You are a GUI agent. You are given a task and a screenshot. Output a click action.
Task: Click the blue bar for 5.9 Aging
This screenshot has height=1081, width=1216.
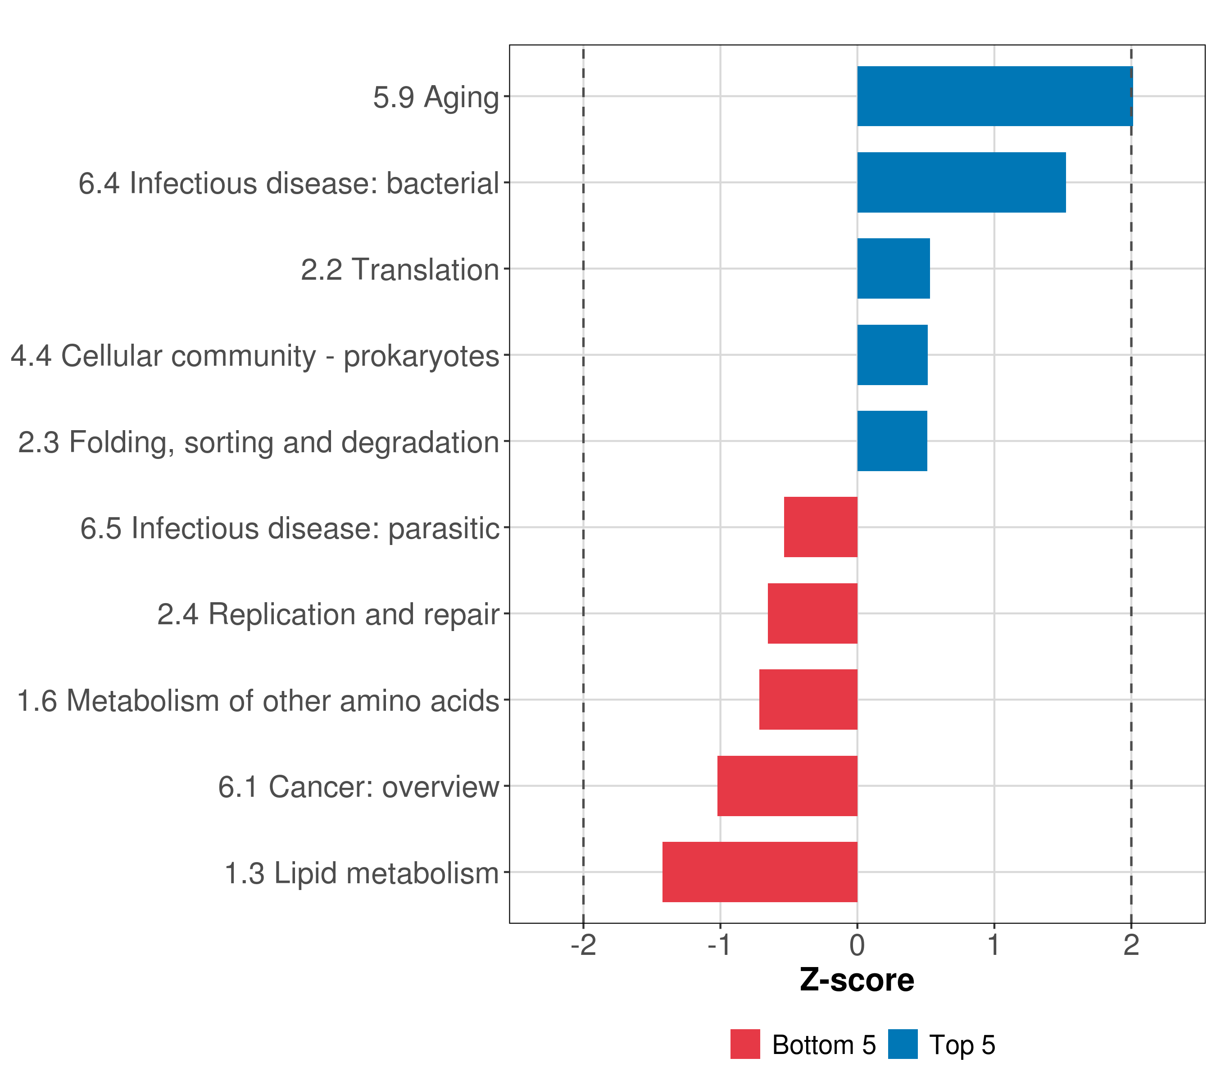click(x=995, y=96)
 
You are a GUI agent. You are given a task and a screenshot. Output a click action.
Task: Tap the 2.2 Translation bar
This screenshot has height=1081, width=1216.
click(x=893, y=268)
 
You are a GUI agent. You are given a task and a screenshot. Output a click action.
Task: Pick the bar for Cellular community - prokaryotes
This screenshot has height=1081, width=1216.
click(x=892, y=355)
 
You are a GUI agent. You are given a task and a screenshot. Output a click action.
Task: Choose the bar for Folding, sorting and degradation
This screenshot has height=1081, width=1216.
click(x=892, y=441)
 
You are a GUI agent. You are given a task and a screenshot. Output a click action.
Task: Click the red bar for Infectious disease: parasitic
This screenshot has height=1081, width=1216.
click(x=821, y=527)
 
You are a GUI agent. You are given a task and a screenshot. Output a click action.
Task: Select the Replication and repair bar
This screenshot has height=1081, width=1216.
click(x=812, y=613)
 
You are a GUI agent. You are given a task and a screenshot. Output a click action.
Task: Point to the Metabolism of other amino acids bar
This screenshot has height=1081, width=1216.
click(x=808, y=699)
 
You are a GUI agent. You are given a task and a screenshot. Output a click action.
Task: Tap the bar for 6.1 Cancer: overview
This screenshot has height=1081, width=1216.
click(x=787, y=786)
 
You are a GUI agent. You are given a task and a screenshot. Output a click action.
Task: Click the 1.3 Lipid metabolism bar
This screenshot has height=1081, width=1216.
click(x=760, y=872)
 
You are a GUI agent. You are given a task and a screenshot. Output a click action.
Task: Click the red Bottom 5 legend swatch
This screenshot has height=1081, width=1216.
click(x=745, y=1044)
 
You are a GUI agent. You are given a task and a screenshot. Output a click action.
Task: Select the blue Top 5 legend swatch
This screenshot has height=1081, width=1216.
click(x=903, y=1044)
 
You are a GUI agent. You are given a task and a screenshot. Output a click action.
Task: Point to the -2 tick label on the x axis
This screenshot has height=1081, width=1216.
click(x=583, y=945)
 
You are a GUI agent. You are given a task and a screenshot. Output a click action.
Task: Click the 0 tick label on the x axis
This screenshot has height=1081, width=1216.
click(x=857, y=945)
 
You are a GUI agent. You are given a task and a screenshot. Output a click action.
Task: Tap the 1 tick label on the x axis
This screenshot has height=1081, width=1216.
click(x=994, y=945)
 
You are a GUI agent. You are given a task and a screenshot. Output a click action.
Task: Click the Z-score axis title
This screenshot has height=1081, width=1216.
click(x=857, y=980)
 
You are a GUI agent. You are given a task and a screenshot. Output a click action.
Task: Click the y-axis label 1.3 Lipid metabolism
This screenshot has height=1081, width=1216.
click(x=361, y=873)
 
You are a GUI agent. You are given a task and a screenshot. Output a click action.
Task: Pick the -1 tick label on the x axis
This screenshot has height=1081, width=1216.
click(x=719, y=945)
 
